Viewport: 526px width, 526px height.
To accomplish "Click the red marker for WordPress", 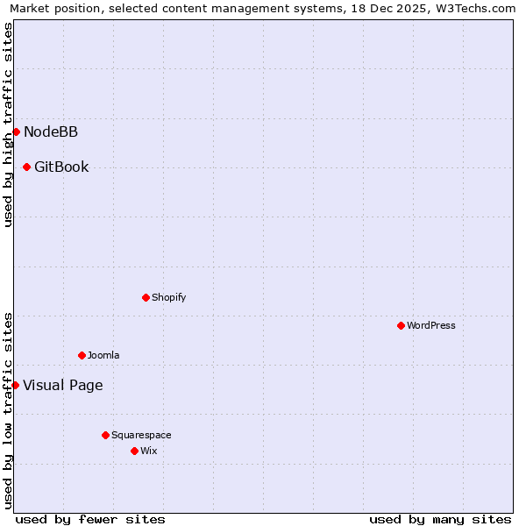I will click(x=401, y=325).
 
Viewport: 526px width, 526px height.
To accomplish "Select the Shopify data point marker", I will click(x=146, y=297).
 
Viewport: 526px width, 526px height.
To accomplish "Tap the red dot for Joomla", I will click(x=82, y=355).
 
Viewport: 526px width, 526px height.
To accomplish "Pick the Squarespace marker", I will click(x=105, y=435).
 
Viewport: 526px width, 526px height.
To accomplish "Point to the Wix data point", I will click(x=134, y=451).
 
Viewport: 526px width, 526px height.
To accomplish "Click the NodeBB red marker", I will click(x=16, y=131).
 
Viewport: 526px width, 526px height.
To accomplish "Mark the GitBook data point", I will click(x=26, y=167).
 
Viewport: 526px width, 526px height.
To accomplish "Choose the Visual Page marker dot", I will click(x=15, y=385).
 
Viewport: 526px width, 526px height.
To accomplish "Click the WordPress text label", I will click(x=431, y=325).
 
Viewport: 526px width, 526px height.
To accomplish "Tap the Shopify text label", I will click(x=169, y=297).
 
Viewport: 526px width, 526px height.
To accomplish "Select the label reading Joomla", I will click(x=103, y=355).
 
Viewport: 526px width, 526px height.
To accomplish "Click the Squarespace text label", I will click(x=141, y=435).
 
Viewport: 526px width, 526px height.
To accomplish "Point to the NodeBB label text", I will click(x=51, y=131).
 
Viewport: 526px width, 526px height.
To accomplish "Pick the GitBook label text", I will click(x=61, y=167).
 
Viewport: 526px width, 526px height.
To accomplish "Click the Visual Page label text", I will click(x=62, y=385).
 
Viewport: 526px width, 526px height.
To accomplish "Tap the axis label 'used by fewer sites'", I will click(x=90, y=519).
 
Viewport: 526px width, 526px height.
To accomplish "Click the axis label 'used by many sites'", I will click(x=440, y=519).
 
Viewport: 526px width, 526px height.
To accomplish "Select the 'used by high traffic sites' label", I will click(x=8, y=124).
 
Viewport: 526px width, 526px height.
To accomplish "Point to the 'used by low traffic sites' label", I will click(x=8, y=410).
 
